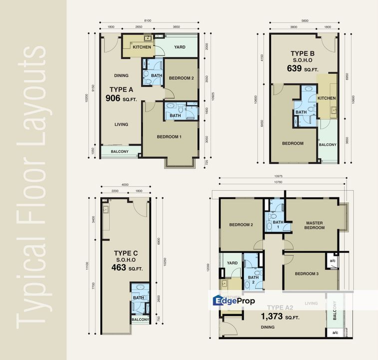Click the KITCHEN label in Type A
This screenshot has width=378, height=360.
click(x=141, y=47)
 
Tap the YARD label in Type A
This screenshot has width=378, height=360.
click(x=179, y=47)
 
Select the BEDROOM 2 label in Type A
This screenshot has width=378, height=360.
click(x=181, y=77)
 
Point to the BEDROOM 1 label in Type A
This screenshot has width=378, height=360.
click(x=169, y=136)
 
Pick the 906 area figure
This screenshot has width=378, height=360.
click(x=113, y=98)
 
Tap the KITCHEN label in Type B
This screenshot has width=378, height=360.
click(x=327, y=98)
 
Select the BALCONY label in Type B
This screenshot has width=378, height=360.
click(x=328, y=144)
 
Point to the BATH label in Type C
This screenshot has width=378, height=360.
click(x=138, y=297)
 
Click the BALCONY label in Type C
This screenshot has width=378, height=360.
click(x=140, y=319)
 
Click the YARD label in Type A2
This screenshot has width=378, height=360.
click(x=232, y=262)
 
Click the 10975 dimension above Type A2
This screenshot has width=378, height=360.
click(x=282, y=176)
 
